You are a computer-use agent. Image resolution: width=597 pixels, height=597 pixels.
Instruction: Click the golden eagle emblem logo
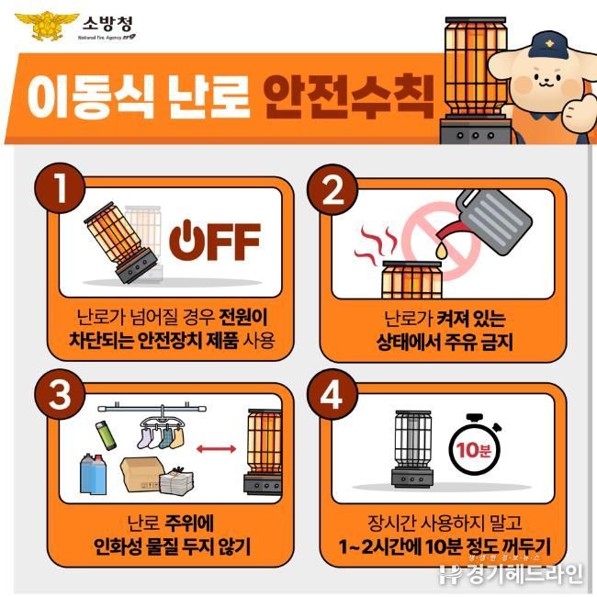[47, 26]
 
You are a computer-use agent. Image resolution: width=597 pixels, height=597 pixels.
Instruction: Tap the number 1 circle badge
[60, 187]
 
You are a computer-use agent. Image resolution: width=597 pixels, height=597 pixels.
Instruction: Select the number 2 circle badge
[332, 189]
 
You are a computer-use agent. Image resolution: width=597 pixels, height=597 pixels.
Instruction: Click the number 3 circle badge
[60, 394]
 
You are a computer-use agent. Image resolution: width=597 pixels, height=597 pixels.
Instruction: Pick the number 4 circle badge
[332, 394]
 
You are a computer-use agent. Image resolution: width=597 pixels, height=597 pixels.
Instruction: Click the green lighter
[106, 435]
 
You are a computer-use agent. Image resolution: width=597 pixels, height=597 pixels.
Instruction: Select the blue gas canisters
[93, 473]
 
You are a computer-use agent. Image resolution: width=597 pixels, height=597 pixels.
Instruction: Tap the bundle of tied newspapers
[176, 480]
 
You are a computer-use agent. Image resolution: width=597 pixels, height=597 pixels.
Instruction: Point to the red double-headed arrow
[216, 449]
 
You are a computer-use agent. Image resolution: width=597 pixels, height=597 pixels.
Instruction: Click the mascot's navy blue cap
[547, 45]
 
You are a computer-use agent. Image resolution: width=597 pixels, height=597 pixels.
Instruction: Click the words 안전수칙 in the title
[349, 96]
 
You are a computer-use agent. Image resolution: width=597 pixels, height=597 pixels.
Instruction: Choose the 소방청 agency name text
[107, 24]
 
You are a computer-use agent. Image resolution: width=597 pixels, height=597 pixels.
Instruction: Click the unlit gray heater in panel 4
[412, 448]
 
